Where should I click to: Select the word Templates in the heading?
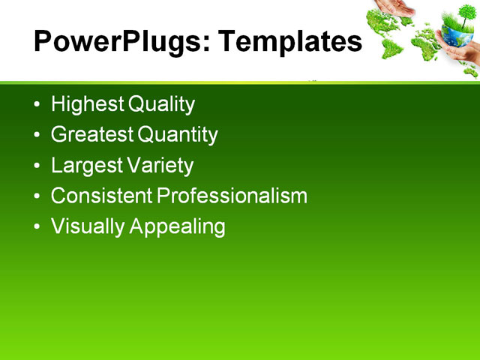coord(289,42)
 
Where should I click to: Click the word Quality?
coord(161,104)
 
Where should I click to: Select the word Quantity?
coord(178,135)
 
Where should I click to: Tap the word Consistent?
coord(101,196)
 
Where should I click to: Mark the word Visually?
coord(88,226)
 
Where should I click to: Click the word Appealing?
coord(178,226)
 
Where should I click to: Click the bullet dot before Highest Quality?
coord(38,105)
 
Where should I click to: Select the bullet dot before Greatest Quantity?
coord(38,136)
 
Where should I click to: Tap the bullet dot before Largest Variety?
coord(38,166)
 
